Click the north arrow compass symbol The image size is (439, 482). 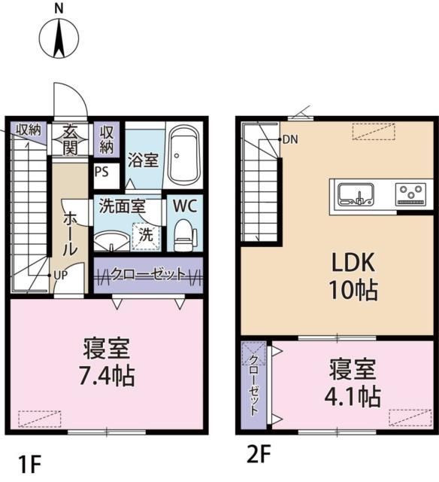[59, 38]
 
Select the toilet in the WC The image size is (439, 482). [185, 236]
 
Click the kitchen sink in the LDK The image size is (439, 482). [356, 195]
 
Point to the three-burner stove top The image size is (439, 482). [411, 194]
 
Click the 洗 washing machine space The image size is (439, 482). [146, 236]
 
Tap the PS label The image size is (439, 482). [101, 172]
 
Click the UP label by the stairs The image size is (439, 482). [61, 276]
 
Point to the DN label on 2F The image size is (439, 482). [290, 140]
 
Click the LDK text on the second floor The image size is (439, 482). [353, 263]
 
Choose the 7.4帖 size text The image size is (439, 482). [107, 377]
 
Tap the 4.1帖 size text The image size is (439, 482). [353, 397]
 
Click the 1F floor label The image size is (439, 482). [30, 465]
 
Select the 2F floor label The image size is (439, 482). [259, 454]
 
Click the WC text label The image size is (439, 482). [185, 206]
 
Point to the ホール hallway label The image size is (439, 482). [70, 233]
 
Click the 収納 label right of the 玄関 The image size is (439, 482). [107, 140]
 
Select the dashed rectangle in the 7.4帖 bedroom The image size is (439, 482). [40, 419]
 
